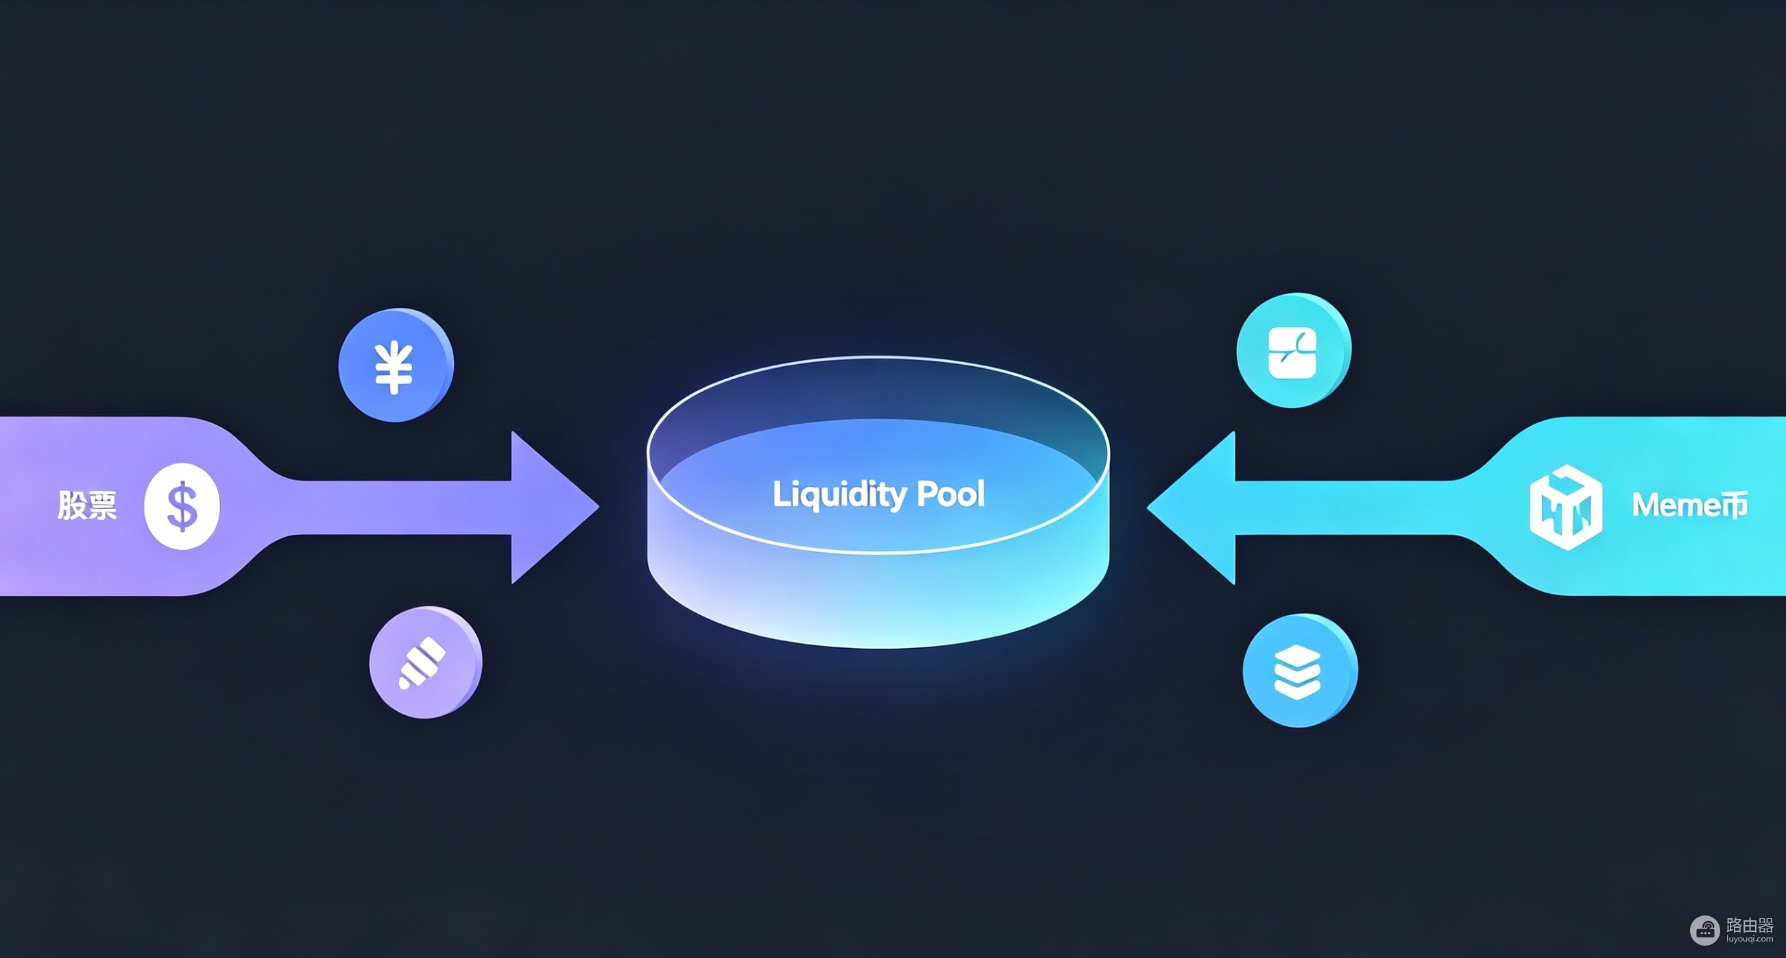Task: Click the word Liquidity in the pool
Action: pyautogui.click(x=840, y=495)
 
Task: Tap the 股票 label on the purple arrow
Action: pyautogui.click(x=87, y=505)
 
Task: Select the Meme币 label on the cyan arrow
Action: pyautogui.click(x=1689, y=504)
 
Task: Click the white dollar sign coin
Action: pyautogui.click(x=182, y=505)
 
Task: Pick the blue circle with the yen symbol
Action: pyautogui.click(x=396, y=365)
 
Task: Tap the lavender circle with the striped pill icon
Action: pyautogui.click(x=426, y=662)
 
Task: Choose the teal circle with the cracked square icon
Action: pyautogui.click(x=1294, y=350)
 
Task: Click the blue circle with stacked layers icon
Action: pyautogui.click(x=1300, y=671)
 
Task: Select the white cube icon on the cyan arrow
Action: pyautogui.click(x=1565, y=507)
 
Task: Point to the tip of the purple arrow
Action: pyautogui.click(x=599, y=507)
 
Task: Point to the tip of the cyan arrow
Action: pyautogui.click(x=1148, y=507)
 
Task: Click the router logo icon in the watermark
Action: pyautogui.click(x=1705, y=931)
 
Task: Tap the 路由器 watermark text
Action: pyautogui.click(x=1749, y=924)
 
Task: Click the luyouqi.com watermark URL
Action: pyautogui.click(x=1749, y=939)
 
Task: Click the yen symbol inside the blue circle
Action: pyautogui.click(x=394, y=368)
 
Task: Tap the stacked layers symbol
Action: pyautogui.click(x=1297, y=671)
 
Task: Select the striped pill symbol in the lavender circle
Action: pyautogui.click(x=422, y=662)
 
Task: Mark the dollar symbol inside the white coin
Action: pyautogui.click(x=182, y=506)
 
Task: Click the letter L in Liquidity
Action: pyautogui.click(x=780, y=493)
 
